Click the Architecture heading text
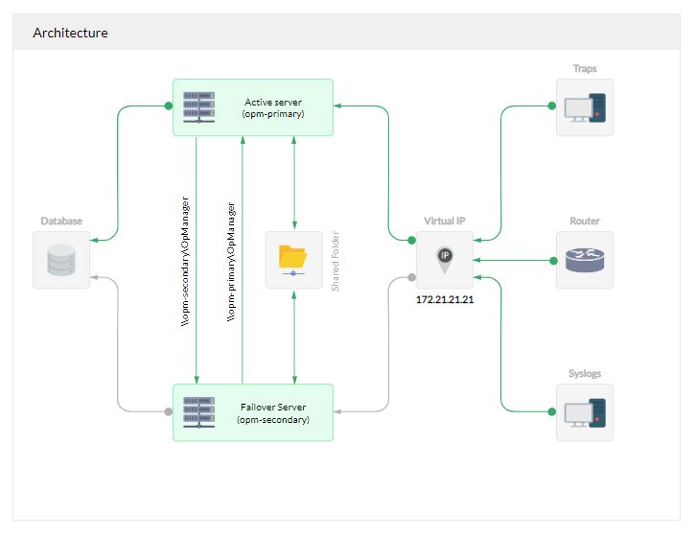70,33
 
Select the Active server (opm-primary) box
253,107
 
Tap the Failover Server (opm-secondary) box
253,412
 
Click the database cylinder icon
61,260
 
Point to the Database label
61,222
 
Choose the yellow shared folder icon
293,259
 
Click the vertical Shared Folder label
336,260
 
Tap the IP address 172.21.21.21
444,300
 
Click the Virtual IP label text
444,222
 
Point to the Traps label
585,69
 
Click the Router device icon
585,260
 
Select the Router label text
585,222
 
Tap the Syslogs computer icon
585,412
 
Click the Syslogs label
585,374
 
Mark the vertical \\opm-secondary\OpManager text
186,264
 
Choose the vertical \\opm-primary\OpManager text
231,264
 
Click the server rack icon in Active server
198,106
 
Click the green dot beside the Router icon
552,260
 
